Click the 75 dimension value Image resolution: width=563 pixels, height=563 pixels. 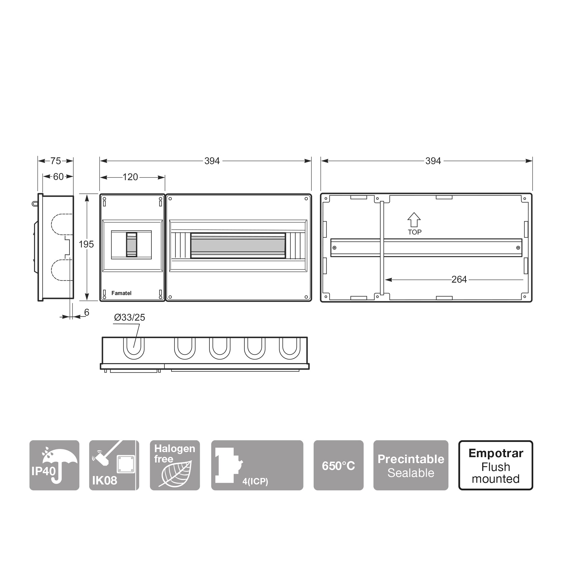click(55, 161)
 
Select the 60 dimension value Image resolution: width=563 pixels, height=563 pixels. click(58, 177)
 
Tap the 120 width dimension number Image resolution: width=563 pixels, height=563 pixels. click(130, 177)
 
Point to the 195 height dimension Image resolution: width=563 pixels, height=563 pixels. click(86, 244)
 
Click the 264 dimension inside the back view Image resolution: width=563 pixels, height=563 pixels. click(459, 280)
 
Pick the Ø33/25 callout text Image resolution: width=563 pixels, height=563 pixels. click(129, 317)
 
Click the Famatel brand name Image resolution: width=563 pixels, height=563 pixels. click(121, 293)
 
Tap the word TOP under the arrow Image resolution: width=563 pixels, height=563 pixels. click(414, 232)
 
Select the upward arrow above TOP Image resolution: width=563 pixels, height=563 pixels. click(414, 220)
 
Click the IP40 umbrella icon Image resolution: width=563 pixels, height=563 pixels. click(55, 465)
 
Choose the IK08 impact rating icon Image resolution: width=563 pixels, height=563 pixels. click(114, 465)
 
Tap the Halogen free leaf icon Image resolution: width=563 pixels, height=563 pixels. click(175, 465)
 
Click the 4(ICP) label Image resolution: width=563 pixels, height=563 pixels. click(255, 481)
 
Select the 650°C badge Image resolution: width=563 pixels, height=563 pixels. click(339, 465)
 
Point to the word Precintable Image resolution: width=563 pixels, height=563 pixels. click(411, 459)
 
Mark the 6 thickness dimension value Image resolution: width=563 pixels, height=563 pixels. click(86, 312)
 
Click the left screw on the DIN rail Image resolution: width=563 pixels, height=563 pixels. click(334, 248)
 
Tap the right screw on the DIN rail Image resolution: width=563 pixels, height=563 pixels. click(518, 248)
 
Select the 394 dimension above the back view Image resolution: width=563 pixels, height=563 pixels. click(433, 161)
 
